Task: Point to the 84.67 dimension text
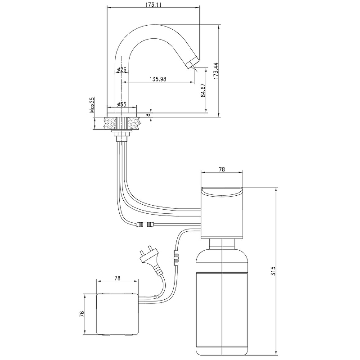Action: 203,90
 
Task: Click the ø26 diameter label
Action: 121,69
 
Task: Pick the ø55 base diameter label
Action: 121,104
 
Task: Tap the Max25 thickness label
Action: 91,104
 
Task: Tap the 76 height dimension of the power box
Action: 82,313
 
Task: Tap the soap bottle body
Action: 222,301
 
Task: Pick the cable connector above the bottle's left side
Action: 176,259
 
